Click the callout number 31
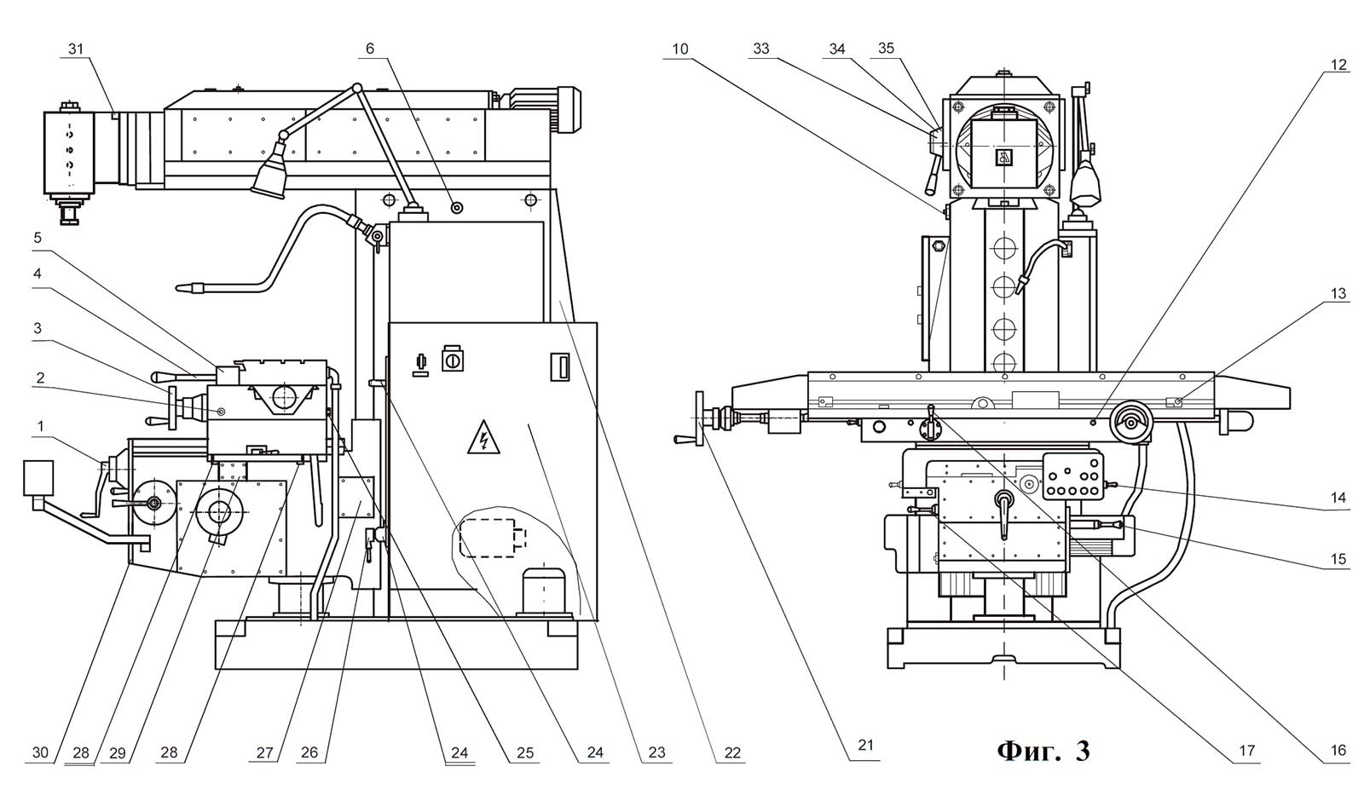[x=76, y=49]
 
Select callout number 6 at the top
[x=370, y=49]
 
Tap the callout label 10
[x=680, y=49]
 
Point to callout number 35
[x=886, y=48]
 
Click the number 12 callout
[x=1338, y=65]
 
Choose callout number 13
[x=1338, y=294]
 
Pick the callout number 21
[x=866, y=745]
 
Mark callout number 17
[x=1247, y=751]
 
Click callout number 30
[x=40, y=753]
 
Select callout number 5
[x=38, y=238]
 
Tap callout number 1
[x=41, y=427]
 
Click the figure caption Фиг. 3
[x=1043, y=751]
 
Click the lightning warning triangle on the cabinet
[x=483, y=438]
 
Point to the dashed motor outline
[x=493, y=538]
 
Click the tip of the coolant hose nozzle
[x=177, y=286]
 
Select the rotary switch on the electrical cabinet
[x=452, y=359]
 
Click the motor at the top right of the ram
[x=546, y=110]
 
